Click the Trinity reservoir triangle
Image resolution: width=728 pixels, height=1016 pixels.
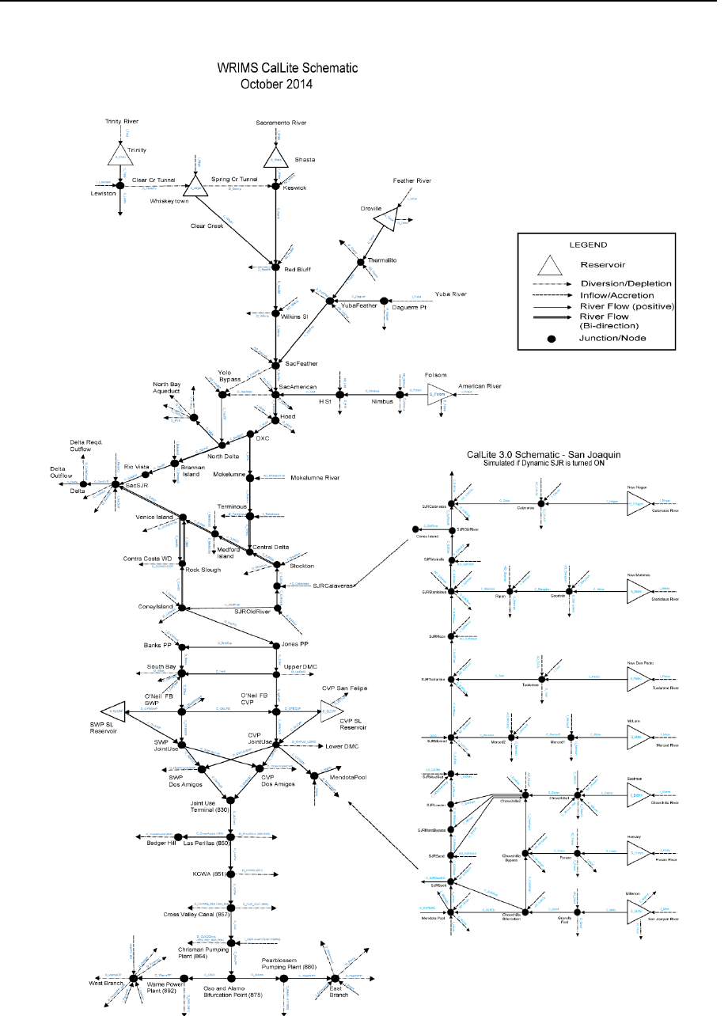click(x=120, y=157)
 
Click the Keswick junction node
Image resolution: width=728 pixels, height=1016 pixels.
click(x=275, y=188)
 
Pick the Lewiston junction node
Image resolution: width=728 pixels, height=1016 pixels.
click(x=120, y=188)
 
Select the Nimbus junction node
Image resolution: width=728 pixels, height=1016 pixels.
click(x=400, y=394)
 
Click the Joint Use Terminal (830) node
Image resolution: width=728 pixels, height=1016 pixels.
click(x=231, y=798)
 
